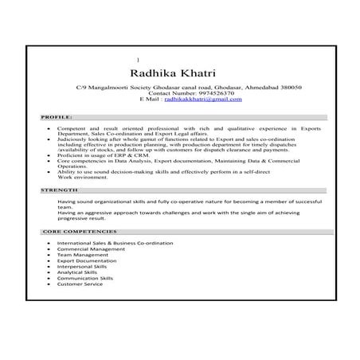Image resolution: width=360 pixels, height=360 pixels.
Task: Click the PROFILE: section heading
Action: pos(57,117)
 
